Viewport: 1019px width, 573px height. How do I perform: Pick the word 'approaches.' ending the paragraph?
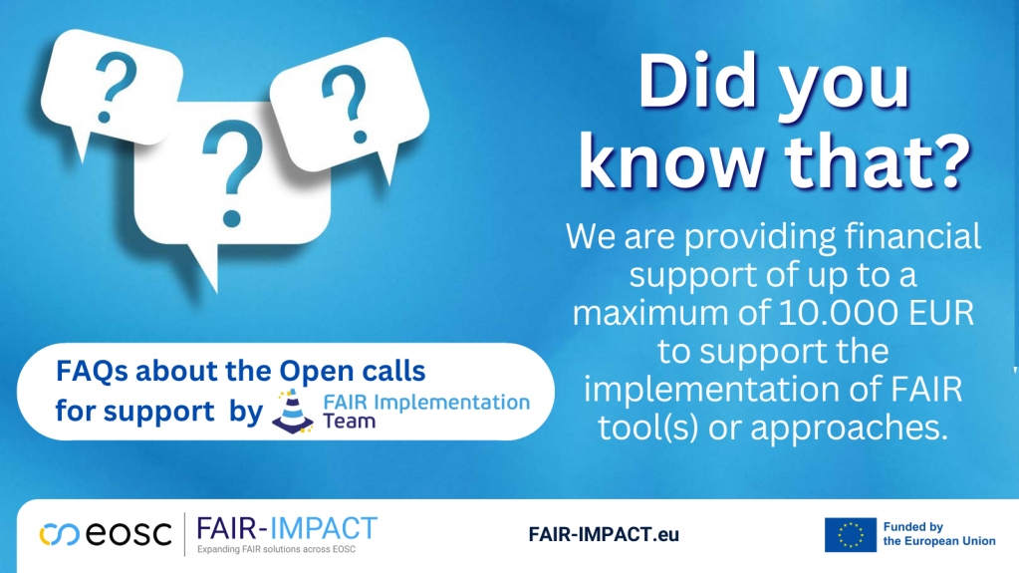coord(845,429)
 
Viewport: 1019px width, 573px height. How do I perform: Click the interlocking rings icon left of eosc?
coord(58,535)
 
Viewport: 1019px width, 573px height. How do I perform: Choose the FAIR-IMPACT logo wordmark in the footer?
coord(287,527)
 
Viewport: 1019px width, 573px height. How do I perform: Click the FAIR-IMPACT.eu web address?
coord(604,535)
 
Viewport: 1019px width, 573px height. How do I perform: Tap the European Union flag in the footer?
coord(850,535)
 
